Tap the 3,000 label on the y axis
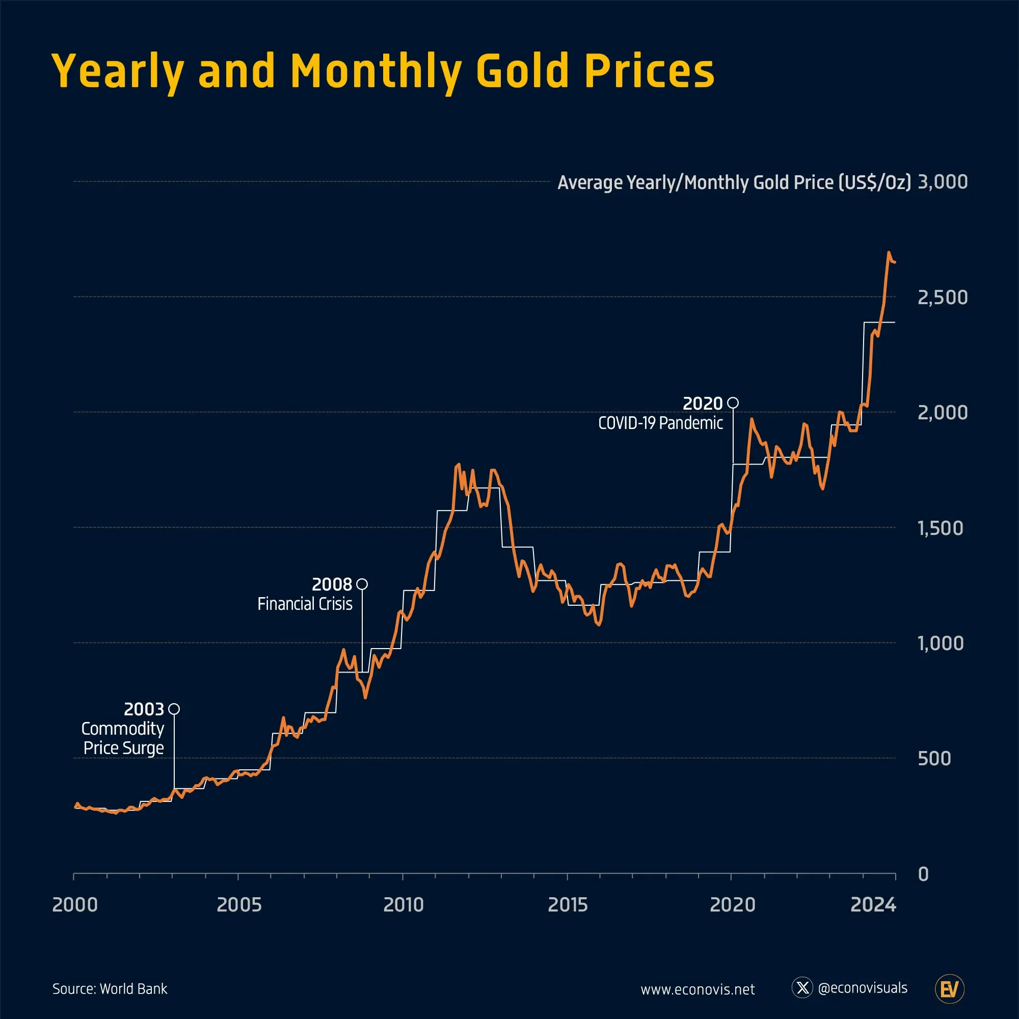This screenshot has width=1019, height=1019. pos(942,182)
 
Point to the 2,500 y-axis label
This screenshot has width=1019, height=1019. pos(942,298)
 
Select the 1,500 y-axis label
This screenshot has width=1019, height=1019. pos(940,528)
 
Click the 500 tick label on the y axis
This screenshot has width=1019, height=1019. pos(933,759)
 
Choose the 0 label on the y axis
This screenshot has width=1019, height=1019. pos(923,874)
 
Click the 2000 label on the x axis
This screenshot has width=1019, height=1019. pos(75,905)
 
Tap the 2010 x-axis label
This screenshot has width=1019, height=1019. pos(404,905)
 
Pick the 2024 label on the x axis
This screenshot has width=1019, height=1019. pos(873,905)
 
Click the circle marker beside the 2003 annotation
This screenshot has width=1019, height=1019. pos(174,709)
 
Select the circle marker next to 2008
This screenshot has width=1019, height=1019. pos(362,584)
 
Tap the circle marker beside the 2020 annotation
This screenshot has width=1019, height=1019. pos(733,403)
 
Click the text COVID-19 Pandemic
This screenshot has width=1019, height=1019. pos(660,423)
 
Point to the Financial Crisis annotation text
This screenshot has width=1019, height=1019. pos(305,604)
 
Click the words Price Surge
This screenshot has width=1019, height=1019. pos(123,748)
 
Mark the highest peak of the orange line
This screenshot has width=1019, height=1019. pos(889,253)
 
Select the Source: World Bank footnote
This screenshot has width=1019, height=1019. pos(110,989)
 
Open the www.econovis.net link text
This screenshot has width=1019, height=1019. pos(698,989)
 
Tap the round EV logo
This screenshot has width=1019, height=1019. pos(949,989)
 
